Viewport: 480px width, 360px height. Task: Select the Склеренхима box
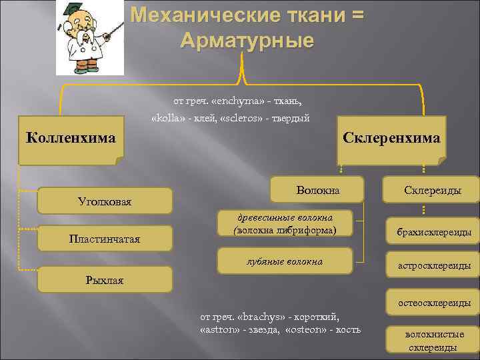tap(391, 140)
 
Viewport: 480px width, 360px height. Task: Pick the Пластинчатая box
tap(105, 238)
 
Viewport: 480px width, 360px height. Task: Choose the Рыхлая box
tap(105, 279)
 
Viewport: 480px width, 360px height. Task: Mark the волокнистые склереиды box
tap(433, 341)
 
